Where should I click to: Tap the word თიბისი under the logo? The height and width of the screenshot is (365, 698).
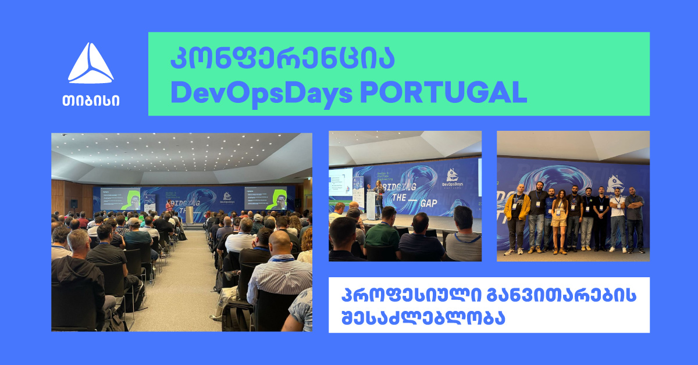click(x=91, y=99)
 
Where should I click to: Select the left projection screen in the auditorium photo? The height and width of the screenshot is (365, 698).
click(x=120, y=198)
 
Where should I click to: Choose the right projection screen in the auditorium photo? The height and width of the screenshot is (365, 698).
click(x=265, y=198)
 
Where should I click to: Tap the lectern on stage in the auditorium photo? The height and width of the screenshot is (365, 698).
click(x=189, y=213)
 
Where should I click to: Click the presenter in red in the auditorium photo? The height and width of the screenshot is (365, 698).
click(x=169, y=208)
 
